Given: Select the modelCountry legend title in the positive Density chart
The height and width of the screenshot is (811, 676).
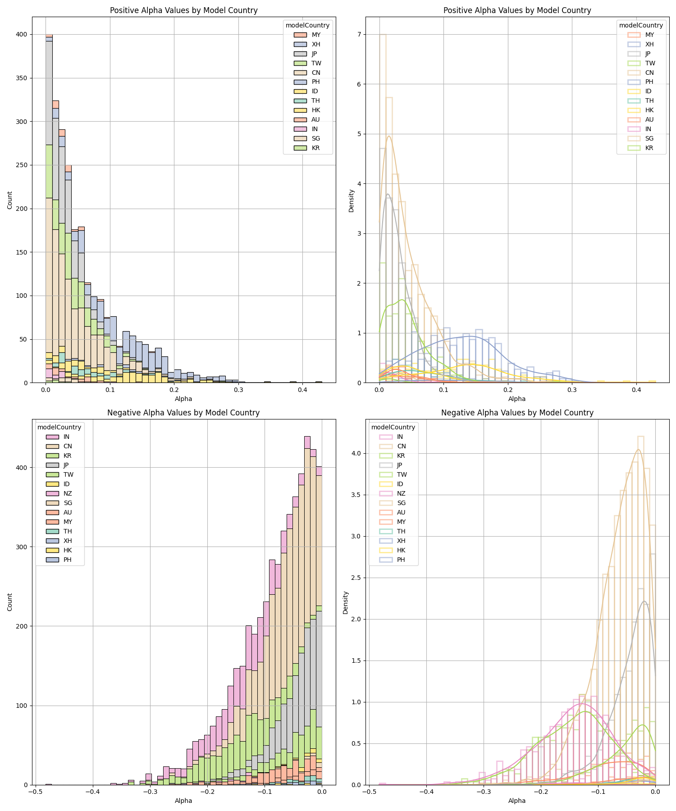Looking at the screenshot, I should [641, 25].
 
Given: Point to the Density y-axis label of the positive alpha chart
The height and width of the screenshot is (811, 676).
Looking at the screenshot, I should [352, 200].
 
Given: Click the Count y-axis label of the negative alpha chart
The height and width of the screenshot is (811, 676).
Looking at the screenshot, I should [10, 602].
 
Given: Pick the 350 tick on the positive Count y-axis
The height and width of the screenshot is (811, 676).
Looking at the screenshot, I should [22, 78].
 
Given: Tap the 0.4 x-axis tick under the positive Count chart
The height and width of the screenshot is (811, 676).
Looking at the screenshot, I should [302, 390].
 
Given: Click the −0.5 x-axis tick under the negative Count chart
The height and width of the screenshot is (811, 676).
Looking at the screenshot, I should [35, 792].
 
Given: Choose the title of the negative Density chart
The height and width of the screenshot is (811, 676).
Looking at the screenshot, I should [517, 413].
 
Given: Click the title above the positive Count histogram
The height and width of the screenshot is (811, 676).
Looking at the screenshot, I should [183, 10].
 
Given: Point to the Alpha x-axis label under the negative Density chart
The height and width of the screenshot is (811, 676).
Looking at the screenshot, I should [517, 801].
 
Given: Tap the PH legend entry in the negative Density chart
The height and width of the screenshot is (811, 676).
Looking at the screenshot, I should [401, 560].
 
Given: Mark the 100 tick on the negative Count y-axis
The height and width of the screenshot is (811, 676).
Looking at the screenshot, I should [22, 706].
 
